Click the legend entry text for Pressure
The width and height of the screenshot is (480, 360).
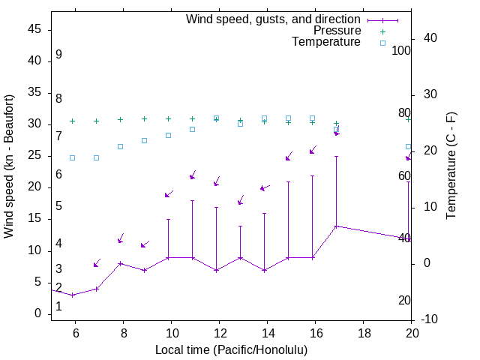tap(337, 31)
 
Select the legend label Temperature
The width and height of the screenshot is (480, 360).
tap(326, 42)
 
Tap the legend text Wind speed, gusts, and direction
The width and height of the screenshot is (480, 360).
tap(274, 19)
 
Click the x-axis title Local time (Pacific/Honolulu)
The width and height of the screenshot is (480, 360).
tap(231, 350)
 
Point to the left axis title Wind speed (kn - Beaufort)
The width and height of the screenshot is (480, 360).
tap(9, 166)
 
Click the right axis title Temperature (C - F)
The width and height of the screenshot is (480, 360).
tap(451, 166)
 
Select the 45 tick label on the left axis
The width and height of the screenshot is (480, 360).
tap(34, 30)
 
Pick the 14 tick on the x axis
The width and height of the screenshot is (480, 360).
tap(267, 332)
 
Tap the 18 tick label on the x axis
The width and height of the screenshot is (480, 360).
tap(363, 332)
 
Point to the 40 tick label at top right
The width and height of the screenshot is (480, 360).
tap(421, 38)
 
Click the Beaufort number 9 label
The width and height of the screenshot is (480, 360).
tap(58, 55)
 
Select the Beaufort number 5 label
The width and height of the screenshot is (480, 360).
tap(58, 206)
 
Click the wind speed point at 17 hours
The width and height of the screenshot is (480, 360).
tap(336, 226)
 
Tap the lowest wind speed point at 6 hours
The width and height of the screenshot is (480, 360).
tap(72, 295)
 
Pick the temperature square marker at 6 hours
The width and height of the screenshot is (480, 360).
tap(72, 157)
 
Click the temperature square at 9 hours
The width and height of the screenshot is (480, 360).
tap(144, 140)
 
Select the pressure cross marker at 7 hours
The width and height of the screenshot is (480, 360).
tap(96, 121)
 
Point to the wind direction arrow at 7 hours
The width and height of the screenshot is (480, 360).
tap(97, 263)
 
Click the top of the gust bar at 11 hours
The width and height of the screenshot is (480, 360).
tap(192, 201)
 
